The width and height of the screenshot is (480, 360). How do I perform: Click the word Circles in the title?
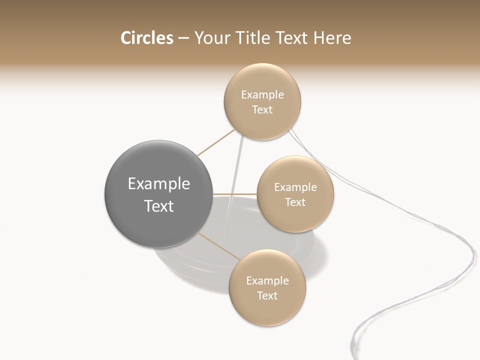[146, 38]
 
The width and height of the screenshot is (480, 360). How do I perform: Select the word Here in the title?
[332, 38]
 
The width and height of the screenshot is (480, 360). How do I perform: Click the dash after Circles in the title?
[183, 38]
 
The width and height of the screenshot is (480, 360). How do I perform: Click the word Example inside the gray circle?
[159, 184]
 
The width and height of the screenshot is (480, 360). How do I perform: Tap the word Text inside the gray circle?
[159, 206]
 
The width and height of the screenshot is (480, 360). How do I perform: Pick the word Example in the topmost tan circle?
[262, 95]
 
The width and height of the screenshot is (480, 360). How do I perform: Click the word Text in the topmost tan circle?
[262, 110]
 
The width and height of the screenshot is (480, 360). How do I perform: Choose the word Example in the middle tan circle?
[295, 187]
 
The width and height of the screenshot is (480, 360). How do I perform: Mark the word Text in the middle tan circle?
[295, 202]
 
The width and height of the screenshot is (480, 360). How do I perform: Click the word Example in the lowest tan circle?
[267, 281]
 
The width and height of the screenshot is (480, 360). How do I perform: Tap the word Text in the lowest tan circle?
[267, 296]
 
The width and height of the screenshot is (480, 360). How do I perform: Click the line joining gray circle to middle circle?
[235, 194]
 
